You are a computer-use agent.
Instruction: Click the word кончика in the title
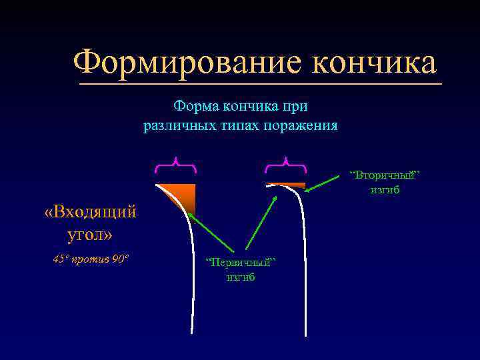(x=374, y=63)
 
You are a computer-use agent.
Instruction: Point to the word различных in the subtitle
(x=177, y=125)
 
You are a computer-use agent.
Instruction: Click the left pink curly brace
(x=176, y=163)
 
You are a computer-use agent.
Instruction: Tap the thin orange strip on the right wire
(x=285, y=185)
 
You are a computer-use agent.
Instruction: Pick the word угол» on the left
(x=90, y=235)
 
